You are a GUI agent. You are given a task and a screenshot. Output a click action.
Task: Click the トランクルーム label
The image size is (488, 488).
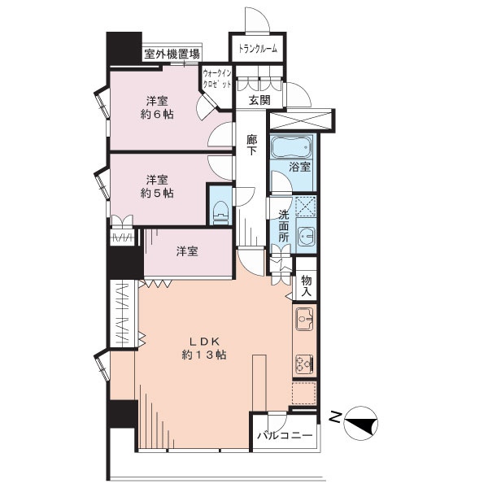click(x=258, y=49)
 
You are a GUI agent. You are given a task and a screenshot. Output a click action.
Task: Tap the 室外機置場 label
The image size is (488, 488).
click(x=172, y=54)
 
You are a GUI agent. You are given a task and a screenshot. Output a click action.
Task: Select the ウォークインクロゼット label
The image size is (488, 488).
click(x=217, y=79)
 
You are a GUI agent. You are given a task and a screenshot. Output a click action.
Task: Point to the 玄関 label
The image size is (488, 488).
click(x=259, y=100)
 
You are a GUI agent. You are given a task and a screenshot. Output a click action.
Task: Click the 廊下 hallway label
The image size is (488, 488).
click(x=252, y=145)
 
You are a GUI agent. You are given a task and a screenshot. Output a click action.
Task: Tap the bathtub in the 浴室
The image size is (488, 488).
click(x=291, y=147)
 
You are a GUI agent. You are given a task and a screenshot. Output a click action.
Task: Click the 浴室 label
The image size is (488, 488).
click(x=299, y=167)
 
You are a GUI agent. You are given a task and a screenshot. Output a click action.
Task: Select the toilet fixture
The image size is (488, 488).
click(x=220, y=212)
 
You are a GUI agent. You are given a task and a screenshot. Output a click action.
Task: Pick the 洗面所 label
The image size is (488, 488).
click(x=284, y=225)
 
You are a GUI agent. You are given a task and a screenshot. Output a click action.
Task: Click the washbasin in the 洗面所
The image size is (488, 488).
click(x=307, y=236)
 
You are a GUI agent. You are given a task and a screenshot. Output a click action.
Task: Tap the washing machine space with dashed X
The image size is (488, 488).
click(x=305, y=207)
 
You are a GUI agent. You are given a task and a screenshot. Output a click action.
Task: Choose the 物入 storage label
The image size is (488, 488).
click(x=307, y=285)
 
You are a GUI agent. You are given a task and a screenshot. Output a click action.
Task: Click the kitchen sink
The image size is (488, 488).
click(x=304, y=319)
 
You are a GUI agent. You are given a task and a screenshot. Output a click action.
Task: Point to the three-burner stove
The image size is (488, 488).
click(x=304, y=364)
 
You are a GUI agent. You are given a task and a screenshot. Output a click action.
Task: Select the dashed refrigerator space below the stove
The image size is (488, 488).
click(x=304, y=393)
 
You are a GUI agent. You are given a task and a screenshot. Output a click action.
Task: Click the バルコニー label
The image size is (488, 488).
click(x=285, y=435)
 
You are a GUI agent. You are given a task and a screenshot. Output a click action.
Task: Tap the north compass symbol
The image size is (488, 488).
click(x=361, y=423)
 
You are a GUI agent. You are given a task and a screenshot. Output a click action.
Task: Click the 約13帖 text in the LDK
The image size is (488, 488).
click(x=204, y=355)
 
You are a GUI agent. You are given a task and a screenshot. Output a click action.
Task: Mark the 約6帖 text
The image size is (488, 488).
click(x=157, y=114)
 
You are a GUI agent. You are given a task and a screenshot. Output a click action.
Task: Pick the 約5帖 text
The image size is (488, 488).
click(x=157, y=193)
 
